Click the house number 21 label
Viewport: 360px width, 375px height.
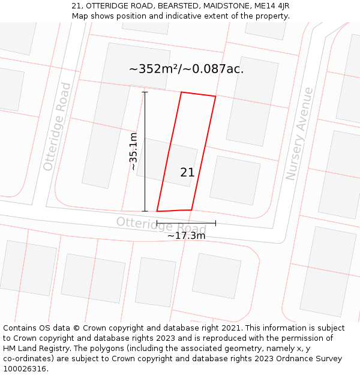tap(187, 173)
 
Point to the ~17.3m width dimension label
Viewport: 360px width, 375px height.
tap(186, 236)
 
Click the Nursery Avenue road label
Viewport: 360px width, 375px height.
tap(299, 134)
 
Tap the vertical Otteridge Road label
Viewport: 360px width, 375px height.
tap(57, 127)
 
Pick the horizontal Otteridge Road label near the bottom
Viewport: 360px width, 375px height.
tap(161, 225)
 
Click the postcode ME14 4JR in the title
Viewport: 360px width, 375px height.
tap(272, 5)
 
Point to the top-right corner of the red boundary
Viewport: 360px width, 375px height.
tap(215, 96)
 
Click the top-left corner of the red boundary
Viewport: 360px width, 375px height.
tap(181, 92)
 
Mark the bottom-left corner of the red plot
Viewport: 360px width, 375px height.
tap(157, 211)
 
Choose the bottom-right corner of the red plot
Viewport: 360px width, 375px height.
tap(191, 210)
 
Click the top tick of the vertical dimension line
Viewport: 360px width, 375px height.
tap(145, 92)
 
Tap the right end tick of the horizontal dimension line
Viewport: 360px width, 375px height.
tap(215, 223)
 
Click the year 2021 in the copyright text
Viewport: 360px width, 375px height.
tap(231, 328)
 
